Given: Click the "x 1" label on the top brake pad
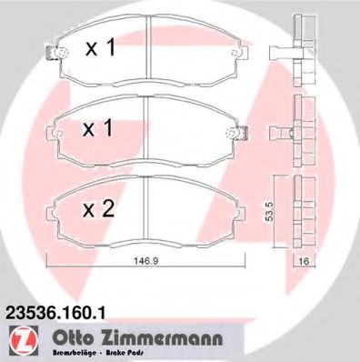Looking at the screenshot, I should tap(102, 48).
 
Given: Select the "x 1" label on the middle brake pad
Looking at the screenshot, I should tap(102, 130).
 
